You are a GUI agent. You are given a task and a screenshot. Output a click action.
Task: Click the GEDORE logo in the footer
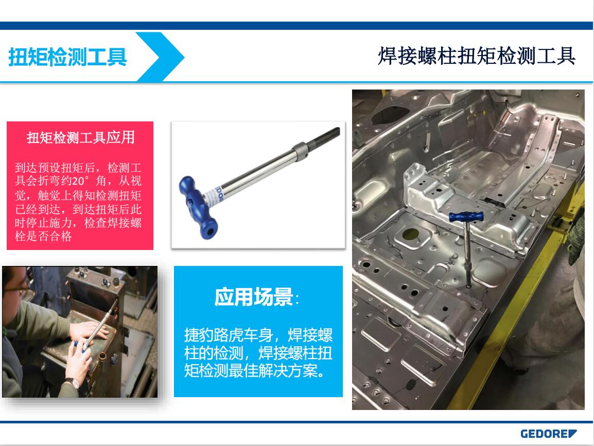[548, 434]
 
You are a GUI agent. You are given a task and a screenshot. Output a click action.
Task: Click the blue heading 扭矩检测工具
[67, 57]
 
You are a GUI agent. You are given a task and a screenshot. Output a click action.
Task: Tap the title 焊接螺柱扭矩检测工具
[477, 56]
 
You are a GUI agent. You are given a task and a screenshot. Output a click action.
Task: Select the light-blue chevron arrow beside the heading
[160, 57]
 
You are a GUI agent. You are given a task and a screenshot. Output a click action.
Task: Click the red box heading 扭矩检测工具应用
[81, 137]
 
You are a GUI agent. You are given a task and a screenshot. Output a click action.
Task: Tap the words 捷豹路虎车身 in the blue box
[229, 335]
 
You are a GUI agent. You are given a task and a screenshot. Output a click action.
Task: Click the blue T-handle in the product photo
[199, 207]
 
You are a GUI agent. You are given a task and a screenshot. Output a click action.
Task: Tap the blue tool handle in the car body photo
[466, 217]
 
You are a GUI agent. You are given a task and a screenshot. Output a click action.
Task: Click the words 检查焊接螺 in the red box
[113, 223]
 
